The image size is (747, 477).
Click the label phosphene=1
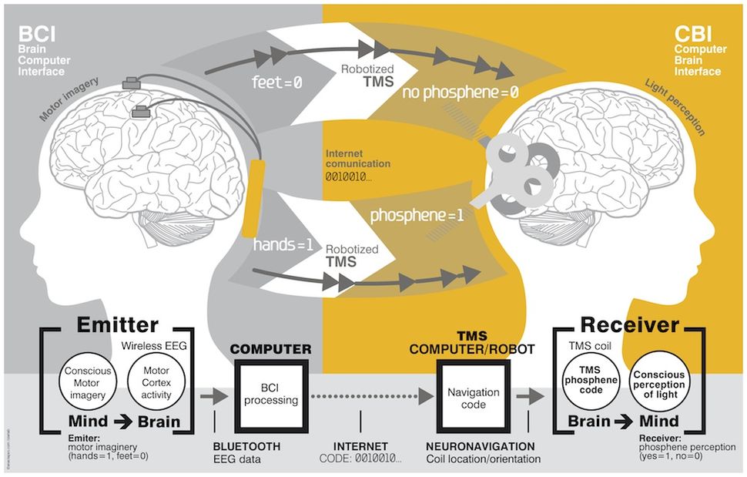coord(417,215)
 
